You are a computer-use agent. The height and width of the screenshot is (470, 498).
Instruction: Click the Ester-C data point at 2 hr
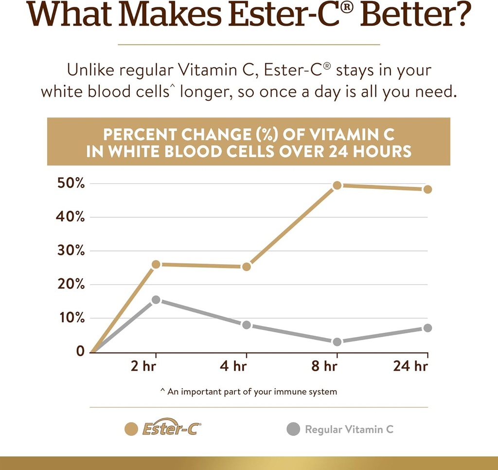coord(156,264)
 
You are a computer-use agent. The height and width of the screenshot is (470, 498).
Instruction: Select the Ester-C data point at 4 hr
coord(246,267)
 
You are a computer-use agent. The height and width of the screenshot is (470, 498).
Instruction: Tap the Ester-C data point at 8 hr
coord(337,185)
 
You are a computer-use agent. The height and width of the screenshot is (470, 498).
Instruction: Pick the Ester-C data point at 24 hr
coord(427,189)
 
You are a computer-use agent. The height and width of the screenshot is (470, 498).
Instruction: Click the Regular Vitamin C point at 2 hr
coord(156,300)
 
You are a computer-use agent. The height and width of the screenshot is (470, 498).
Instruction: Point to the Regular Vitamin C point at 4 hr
coord(246,325)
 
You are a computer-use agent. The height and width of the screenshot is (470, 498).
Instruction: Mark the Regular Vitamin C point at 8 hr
coord(337,342)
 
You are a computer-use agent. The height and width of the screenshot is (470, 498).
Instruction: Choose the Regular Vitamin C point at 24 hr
coord(427,328)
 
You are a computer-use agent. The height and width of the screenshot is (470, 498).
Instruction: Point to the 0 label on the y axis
coord(80,351)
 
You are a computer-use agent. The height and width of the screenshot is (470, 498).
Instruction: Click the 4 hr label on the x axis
coord(233,365)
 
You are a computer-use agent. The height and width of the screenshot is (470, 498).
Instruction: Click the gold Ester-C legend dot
coord(130,429)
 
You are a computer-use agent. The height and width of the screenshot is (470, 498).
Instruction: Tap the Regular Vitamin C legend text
coord(349,429)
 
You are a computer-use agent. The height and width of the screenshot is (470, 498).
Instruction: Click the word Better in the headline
coord(418,16)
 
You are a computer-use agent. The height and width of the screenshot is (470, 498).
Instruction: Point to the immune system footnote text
coord(249,392)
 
